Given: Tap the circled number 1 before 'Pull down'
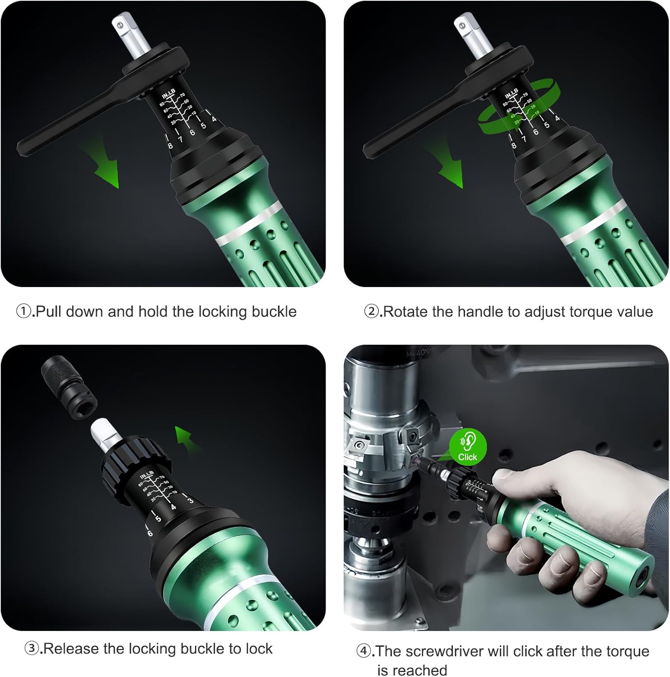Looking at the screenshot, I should click(x=24, y=311).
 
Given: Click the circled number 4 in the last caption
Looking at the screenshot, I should click(x=364, y=651).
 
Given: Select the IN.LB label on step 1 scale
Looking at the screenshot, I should click(x=168, y=94).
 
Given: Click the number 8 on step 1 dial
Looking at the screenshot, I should click(x=170, y=145).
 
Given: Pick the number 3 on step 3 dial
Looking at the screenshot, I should click(x=191, y=500).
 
